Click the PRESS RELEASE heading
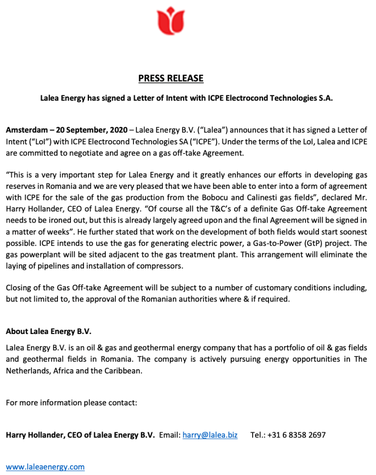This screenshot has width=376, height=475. [x=171, y=78]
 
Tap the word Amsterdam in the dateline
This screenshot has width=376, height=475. [x=25, y=129]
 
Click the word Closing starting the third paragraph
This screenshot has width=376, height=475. [x=19, y=288]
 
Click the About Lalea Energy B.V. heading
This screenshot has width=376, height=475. [x=49, y=331]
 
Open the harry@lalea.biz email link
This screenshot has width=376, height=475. [x=210, y=435]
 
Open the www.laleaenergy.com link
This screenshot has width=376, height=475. [x=45, y=467]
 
